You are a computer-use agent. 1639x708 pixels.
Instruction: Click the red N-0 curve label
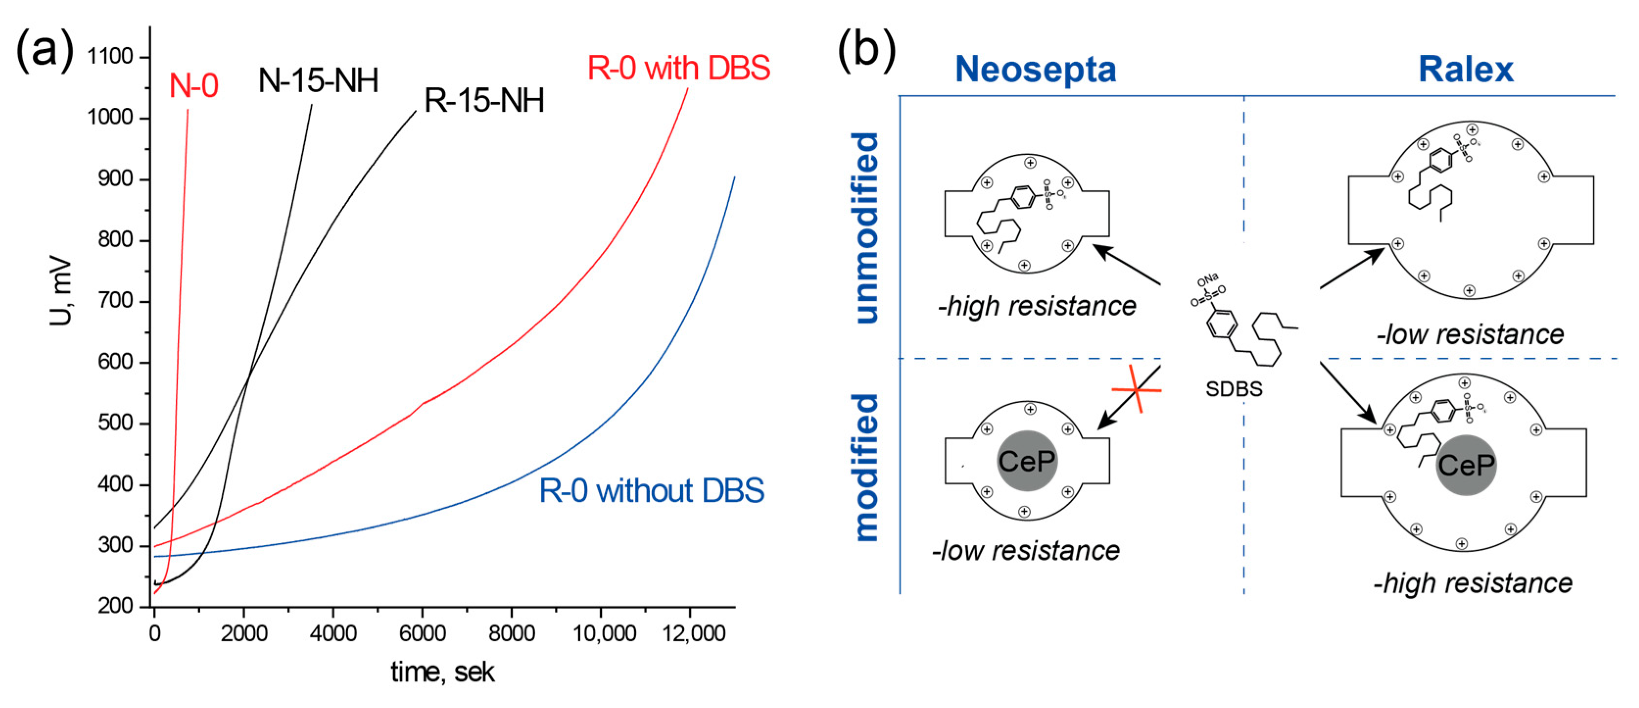pos(194,85)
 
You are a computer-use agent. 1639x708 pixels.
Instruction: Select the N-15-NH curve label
pos(318,81)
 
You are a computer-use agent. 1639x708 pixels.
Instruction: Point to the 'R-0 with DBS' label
pos(678,68)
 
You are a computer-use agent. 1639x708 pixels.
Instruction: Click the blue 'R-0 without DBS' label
pos(651,491)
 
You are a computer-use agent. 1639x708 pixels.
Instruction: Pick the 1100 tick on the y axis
pos(110,57)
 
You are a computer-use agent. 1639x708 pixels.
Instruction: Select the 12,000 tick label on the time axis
pos(693,633)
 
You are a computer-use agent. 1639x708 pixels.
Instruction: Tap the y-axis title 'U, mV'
pos(60,291)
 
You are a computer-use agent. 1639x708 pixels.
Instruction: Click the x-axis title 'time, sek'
pos(442,672)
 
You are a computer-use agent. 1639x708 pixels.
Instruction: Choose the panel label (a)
pos(45,49)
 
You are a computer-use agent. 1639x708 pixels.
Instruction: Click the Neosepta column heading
pos(1035,70)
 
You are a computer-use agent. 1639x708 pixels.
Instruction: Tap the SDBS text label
pos(1234,389)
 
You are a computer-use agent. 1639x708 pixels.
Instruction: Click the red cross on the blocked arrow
pos(1137,389)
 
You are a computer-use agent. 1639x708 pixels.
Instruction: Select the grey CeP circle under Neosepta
pos(1027,461)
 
